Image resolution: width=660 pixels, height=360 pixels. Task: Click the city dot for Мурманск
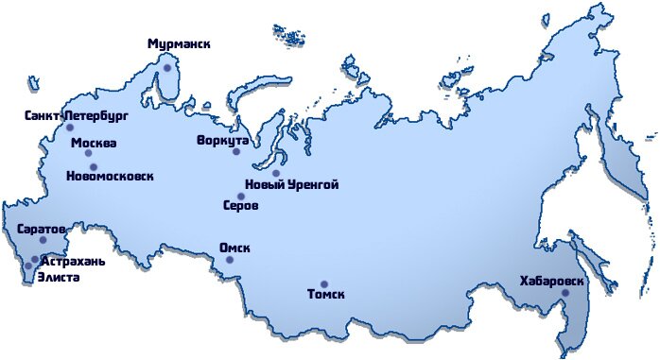click(x=167, y=68)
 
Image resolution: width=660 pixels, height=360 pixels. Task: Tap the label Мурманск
click(x=180, y=43)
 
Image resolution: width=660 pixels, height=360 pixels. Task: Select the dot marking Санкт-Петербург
click(x=69, y=128)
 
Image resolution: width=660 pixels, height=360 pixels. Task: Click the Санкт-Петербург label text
click(x=76, y=115)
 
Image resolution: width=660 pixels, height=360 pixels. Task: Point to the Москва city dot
click(x=88, y=153)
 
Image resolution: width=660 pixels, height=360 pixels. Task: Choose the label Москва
click(x=94, y=143)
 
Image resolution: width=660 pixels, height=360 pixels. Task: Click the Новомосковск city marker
click(x=93, y=166)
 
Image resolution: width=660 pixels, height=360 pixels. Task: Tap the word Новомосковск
click(x=110, y=177)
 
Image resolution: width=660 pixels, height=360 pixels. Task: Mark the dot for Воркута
click(x=236, y=151)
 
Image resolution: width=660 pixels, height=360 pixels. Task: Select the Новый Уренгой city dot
click(x=276, y=173)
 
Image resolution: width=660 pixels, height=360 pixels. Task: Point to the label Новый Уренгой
click(x=291, y=184)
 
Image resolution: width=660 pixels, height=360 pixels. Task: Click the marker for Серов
click(x=241, y=197)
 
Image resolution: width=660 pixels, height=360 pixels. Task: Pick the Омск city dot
click(x=229, y=260)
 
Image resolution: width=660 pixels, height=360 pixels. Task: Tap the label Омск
click(x=234, y=248)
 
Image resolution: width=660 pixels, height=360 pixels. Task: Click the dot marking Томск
click(x=323, y=283)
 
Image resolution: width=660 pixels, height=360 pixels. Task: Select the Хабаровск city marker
click(x=565, y=293)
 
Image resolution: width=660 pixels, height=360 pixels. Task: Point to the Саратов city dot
click(x=43, y=240)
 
